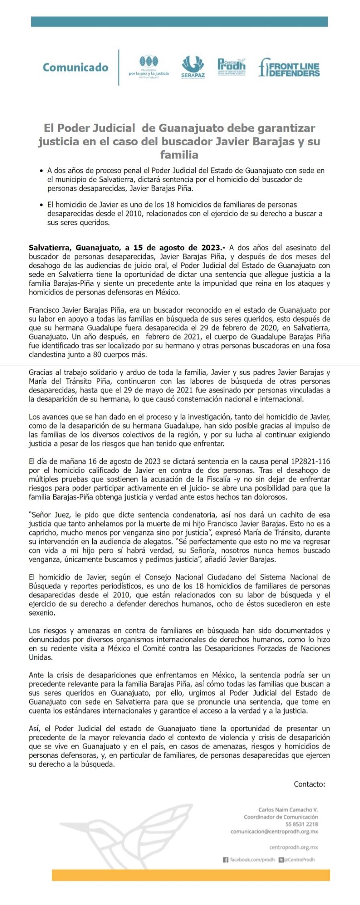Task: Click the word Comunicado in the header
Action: [x=75, y=67]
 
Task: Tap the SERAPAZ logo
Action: [x=193, y=67]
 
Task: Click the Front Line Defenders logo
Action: [x=289, y=67]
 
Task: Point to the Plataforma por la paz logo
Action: [x=148, y=67]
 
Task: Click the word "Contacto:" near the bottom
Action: [x=309, y=784]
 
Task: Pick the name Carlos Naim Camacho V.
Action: [x=288, y=809]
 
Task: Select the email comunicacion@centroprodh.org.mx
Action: [x=274, y=832]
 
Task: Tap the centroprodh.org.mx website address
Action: [x=293, y=847]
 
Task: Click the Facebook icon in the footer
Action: [x=226, y=860]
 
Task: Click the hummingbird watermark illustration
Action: [x=132, y=835]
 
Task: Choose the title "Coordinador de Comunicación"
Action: [x=281, y=817]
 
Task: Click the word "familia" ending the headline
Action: [x=179, y=155]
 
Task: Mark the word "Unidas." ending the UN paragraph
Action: [x=40, y=657]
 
